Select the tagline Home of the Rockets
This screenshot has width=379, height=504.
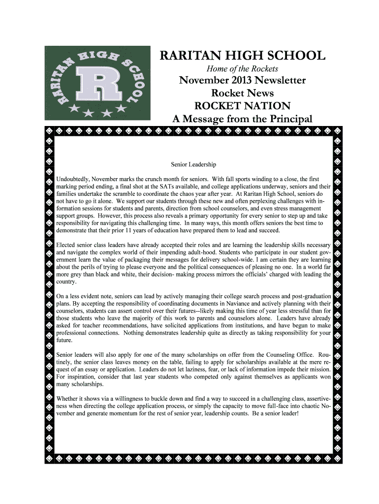coord(242,68)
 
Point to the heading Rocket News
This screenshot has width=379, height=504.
coord(242,93)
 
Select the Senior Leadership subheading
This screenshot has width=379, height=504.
coord(193,164)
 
